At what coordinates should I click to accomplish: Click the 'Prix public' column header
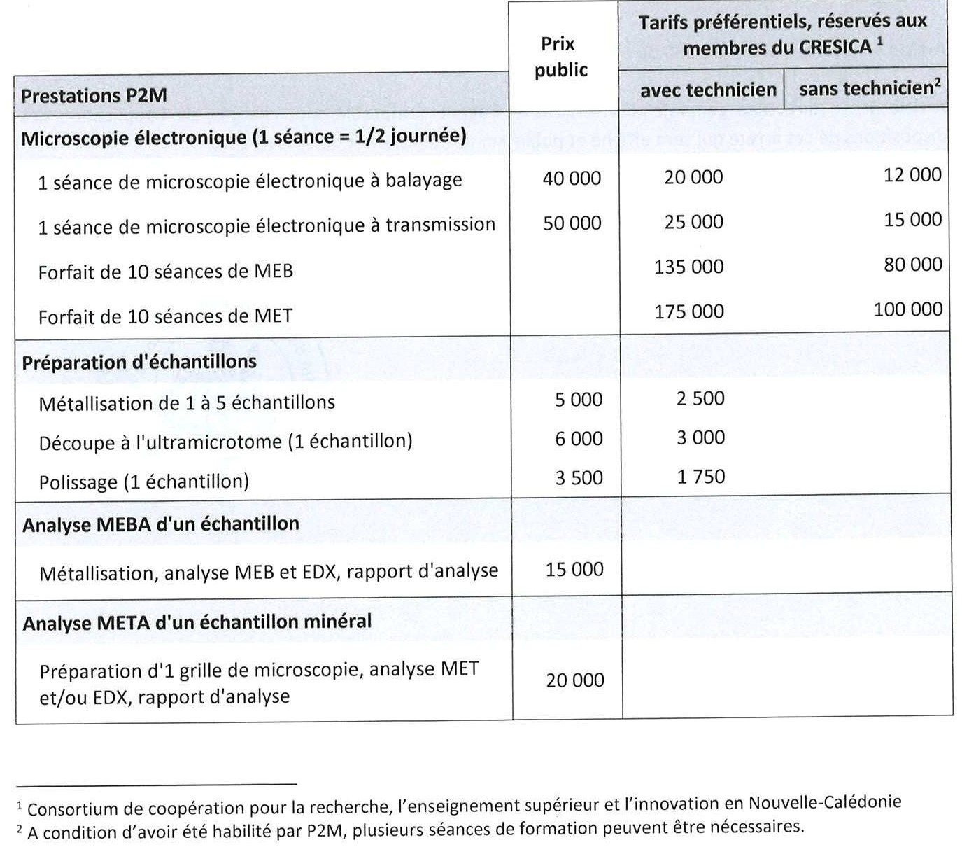(560, 57)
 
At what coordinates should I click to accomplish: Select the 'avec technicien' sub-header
(708, 90)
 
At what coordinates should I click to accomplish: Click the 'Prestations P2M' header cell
(94, 96)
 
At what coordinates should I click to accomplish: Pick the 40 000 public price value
(572, 178)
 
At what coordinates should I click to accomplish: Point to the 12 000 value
(912, 175)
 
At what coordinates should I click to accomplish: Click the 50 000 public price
(572, 223)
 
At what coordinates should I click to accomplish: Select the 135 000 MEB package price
(689, 267)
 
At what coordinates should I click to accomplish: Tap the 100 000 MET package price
(907, 309)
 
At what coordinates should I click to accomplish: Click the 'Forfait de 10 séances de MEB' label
(165, 272)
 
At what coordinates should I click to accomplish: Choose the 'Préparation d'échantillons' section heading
(139, 363)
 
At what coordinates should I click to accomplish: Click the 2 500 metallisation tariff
(700, 398)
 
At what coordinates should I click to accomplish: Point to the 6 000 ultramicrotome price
(579, 439)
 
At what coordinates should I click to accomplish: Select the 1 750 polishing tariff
(700, 477)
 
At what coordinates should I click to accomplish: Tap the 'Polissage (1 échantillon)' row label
(143, 482)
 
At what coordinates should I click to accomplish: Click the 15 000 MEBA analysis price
(574, 570)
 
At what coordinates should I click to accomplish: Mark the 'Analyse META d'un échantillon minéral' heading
(197, 622)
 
